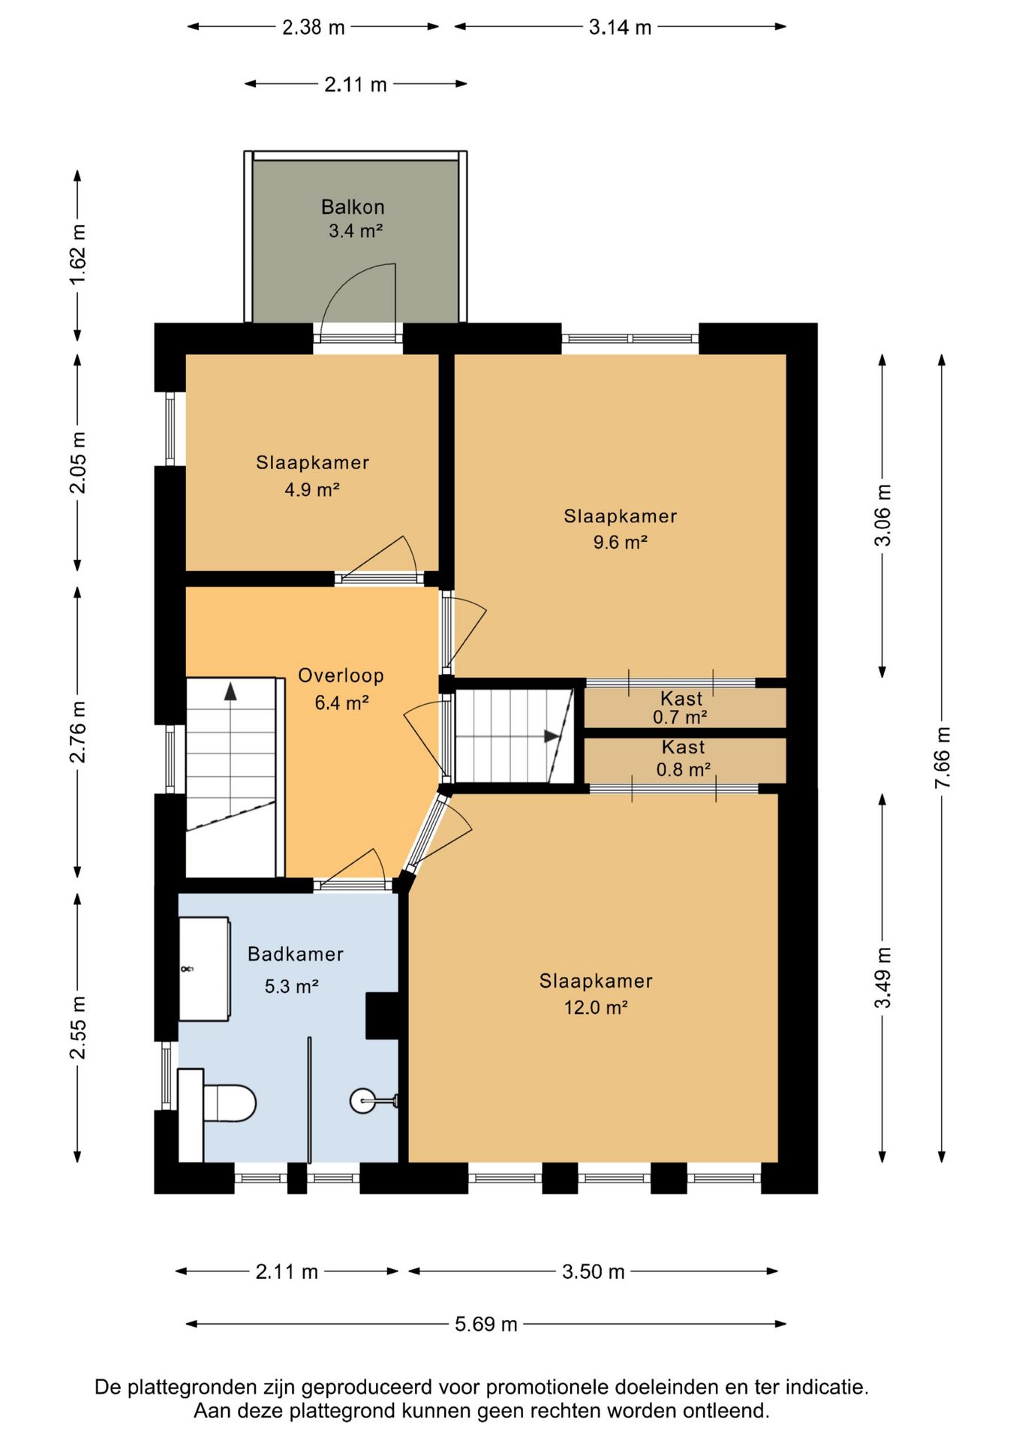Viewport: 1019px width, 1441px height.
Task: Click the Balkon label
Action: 353,207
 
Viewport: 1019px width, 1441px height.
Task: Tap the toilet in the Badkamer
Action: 228,1103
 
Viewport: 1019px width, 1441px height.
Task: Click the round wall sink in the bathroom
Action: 362,1101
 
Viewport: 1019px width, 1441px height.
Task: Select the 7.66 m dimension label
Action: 942,757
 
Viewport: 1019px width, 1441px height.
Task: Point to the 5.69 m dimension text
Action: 485,1324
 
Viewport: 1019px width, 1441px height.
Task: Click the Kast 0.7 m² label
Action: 681,708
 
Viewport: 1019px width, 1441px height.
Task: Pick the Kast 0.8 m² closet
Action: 683,759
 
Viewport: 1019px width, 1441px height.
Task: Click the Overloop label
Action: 341,675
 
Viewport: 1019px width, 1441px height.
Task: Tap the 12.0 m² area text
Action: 595,1008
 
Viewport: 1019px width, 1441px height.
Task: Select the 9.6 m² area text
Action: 620,543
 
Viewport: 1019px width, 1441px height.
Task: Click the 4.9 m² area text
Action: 311,490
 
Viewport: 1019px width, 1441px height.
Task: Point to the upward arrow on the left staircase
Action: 230,691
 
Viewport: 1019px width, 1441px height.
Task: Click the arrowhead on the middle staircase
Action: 552,736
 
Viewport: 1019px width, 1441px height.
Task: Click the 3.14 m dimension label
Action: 620,28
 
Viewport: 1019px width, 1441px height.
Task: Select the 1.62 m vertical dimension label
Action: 78,254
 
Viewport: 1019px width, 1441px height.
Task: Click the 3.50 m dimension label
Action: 593,1271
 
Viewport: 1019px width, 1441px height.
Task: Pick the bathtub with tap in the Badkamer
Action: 204,968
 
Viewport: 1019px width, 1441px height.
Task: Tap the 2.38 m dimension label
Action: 313,28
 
